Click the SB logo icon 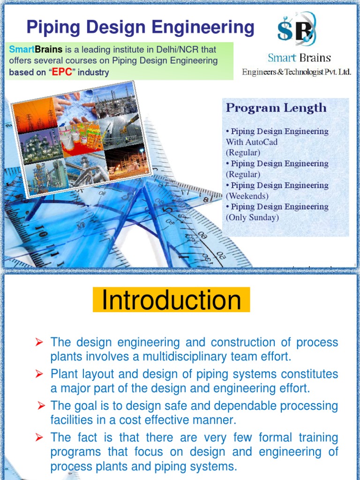[x=296, y=29]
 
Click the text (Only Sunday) [x=252, y=217]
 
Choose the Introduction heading [x=171, y=300]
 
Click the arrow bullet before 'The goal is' [x=41, y=406]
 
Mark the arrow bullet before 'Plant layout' [x=39, y=374]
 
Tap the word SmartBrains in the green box [x=36, y=49]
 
